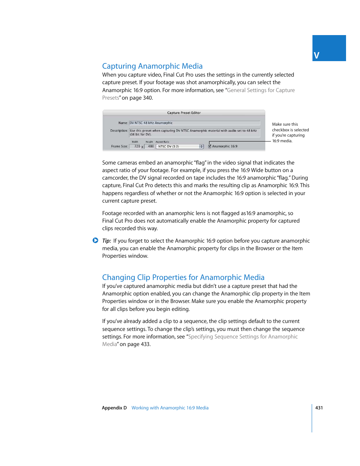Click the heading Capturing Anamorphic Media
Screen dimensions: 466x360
[152, 66]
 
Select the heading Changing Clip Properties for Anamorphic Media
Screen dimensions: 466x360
[183, 277]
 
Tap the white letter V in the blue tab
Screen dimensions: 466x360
[317, 56]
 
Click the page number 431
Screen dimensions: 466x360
[319, 408]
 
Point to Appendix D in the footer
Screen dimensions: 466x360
[114, 408]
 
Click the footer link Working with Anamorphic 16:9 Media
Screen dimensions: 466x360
[170, 408]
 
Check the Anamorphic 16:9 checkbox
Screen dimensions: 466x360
[210, 146]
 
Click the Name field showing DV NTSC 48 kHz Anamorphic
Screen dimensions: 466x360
[194, 123]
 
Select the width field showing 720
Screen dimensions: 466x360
[135, 146]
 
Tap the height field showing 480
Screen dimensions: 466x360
[150, 146]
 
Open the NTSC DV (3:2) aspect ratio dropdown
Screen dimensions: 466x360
[180, 146]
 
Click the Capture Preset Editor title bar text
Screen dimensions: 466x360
[184, 113]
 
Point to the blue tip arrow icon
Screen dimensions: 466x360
[95, 240]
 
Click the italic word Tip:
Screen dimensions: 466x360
[106, 241]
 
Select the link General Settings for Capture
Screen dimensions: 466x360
[261, 90]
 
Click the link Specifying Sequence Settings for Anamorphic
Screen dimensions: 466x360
[243, 337]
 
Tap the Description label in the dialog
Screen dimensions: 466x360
[119, 131]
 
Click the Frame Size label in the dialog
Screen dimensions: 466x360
[119, 146]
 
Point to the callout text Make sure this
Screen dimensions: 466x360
[285, 124]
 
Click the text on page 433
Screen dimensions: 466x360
[135, 344]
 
